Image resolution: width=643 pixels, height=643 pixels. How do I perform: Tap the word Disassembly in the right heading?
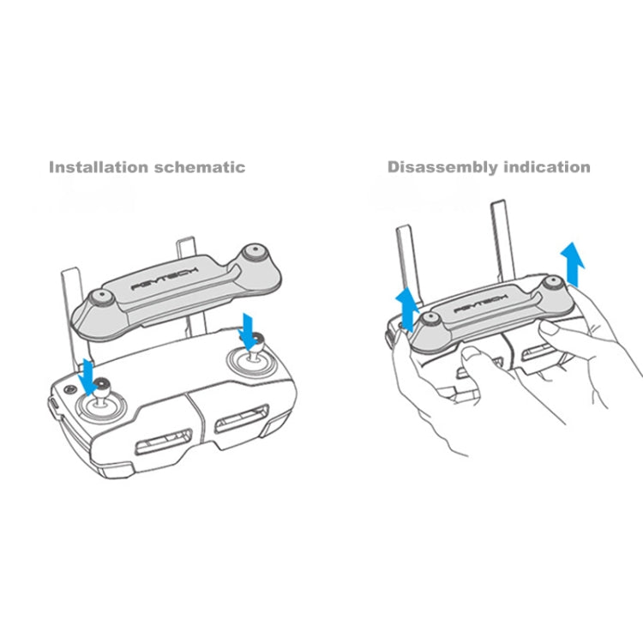[439, 167]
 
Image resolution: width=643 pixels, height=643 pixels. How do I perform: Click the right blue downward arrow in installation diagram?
[248, 331]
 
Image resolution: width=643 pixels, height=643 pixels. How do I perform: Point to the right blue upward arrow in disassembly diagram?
[570, 261]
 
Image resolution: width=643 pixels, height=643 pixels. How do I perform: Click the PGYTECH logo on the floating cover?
[163, 279]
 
